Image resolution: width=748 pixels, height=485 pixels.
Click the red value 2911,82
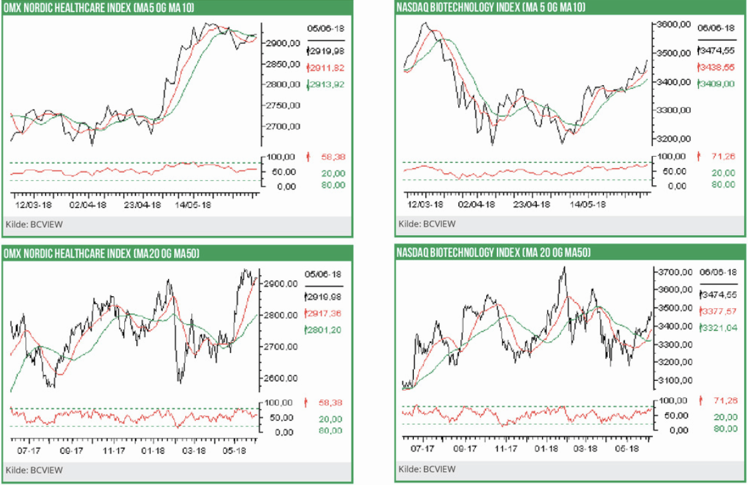click(x=326, y=68)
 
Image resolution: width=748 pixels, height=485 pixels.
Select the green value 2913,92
click(x=326, y=85)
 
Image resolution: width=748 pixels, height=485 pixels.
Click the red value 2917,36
click(x=324, y=314)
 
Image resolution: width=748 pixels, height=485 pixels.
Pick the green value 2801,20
click(x=324, y=330)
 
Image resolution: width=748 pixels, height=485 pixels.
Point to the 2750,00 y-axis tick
click(x=282, y=106)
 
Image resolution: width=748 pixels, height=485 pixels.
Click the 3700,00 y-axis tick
click(x=673, y=272)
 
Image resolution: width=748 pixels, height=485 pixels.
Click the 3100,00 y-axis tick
click(x=673, y=380)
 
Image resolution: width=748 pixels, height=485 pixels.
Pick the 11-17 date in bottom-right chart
click(x=506, y=449)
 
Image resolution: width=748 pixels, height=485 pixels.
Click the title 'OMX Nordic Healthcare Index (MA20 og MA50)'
click(x=102, y=253)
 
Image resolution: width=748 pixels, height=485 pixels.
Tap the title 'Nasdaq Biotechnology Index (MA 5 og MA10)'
click(x=491, y=7)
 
